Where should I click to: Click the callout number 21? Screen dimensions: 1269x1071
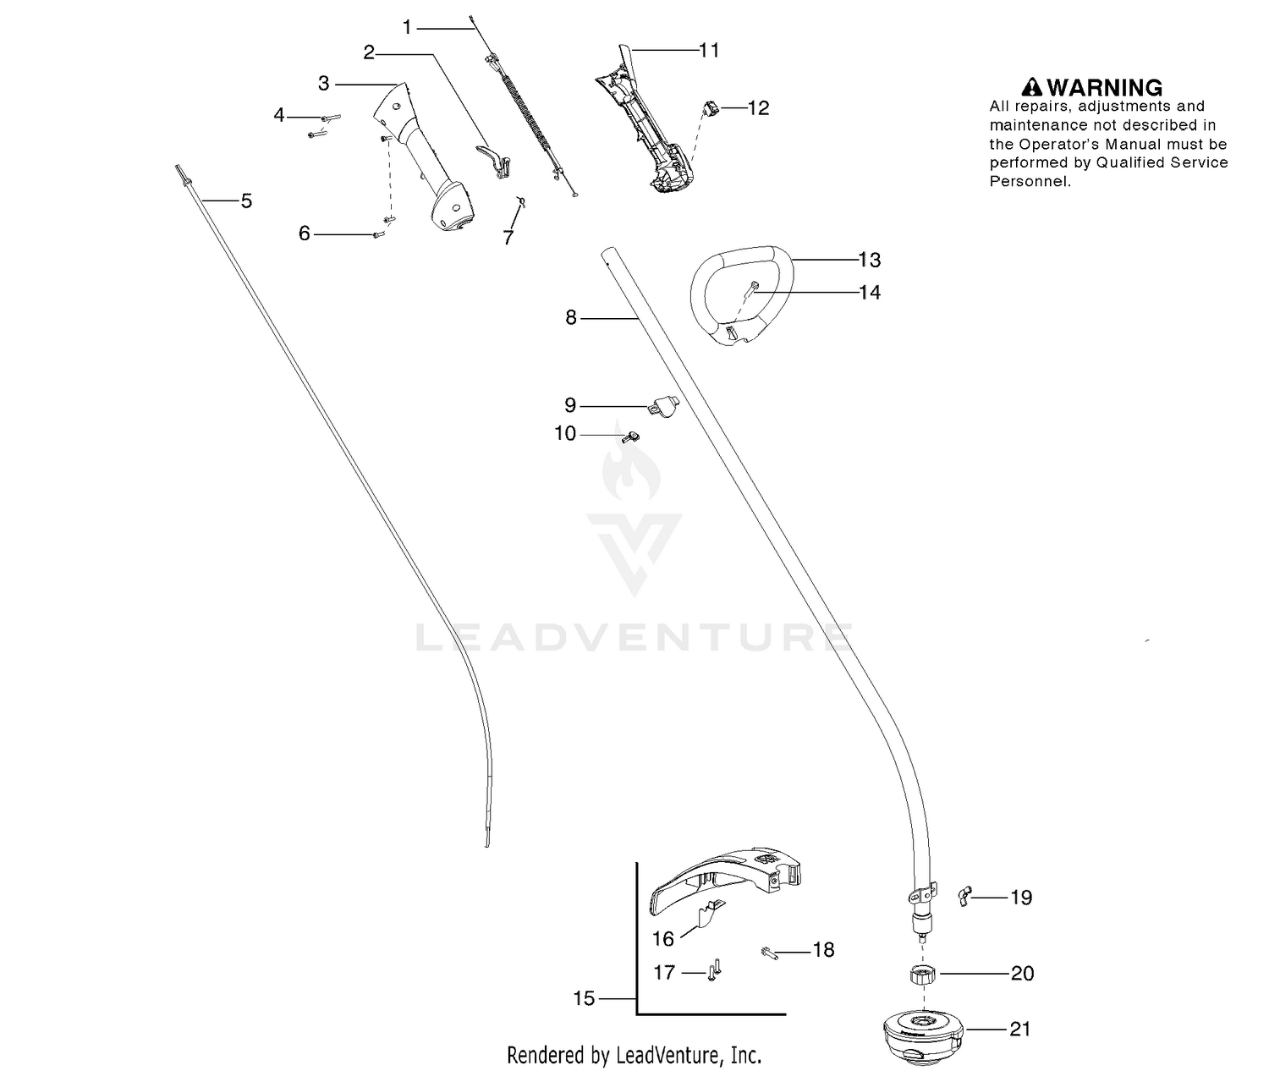(1019, 1029)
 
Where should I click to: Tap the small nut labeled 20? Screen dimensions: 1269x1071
(923, 975)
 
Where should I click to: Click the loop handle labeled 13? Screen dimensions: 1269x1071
(741, 296)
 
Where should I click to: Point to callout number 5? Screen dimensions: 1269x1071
(246, 200)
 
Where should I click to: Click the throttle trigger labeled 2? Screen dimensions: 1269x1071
(493, 161)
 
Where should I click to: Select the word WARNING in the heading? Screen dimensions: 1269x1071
(1105, 87)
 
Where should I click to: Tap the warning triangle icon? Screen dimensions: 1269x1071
(1032, 87)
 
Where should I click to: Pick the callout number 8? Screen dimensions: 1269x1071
(571, 317)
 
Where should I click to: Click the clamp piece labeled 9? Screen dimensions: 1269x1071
(662, 405)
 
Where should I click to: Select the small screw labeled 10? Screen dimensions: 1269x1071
(631, 437)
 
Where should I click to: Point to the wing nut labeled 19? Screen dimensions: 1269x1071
(964, 897)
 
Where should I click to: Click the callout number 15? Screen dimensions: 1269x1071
(584, 998)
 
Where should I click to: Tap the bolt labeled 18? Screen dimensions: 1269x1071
(769, 953)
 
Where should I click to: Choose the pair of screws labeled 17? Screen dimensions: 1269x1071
(714, 971)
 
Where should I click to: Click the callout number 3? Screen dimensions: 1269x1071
(323, 83)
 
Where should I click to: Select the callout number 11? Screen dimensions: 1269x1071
(709, 50)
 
